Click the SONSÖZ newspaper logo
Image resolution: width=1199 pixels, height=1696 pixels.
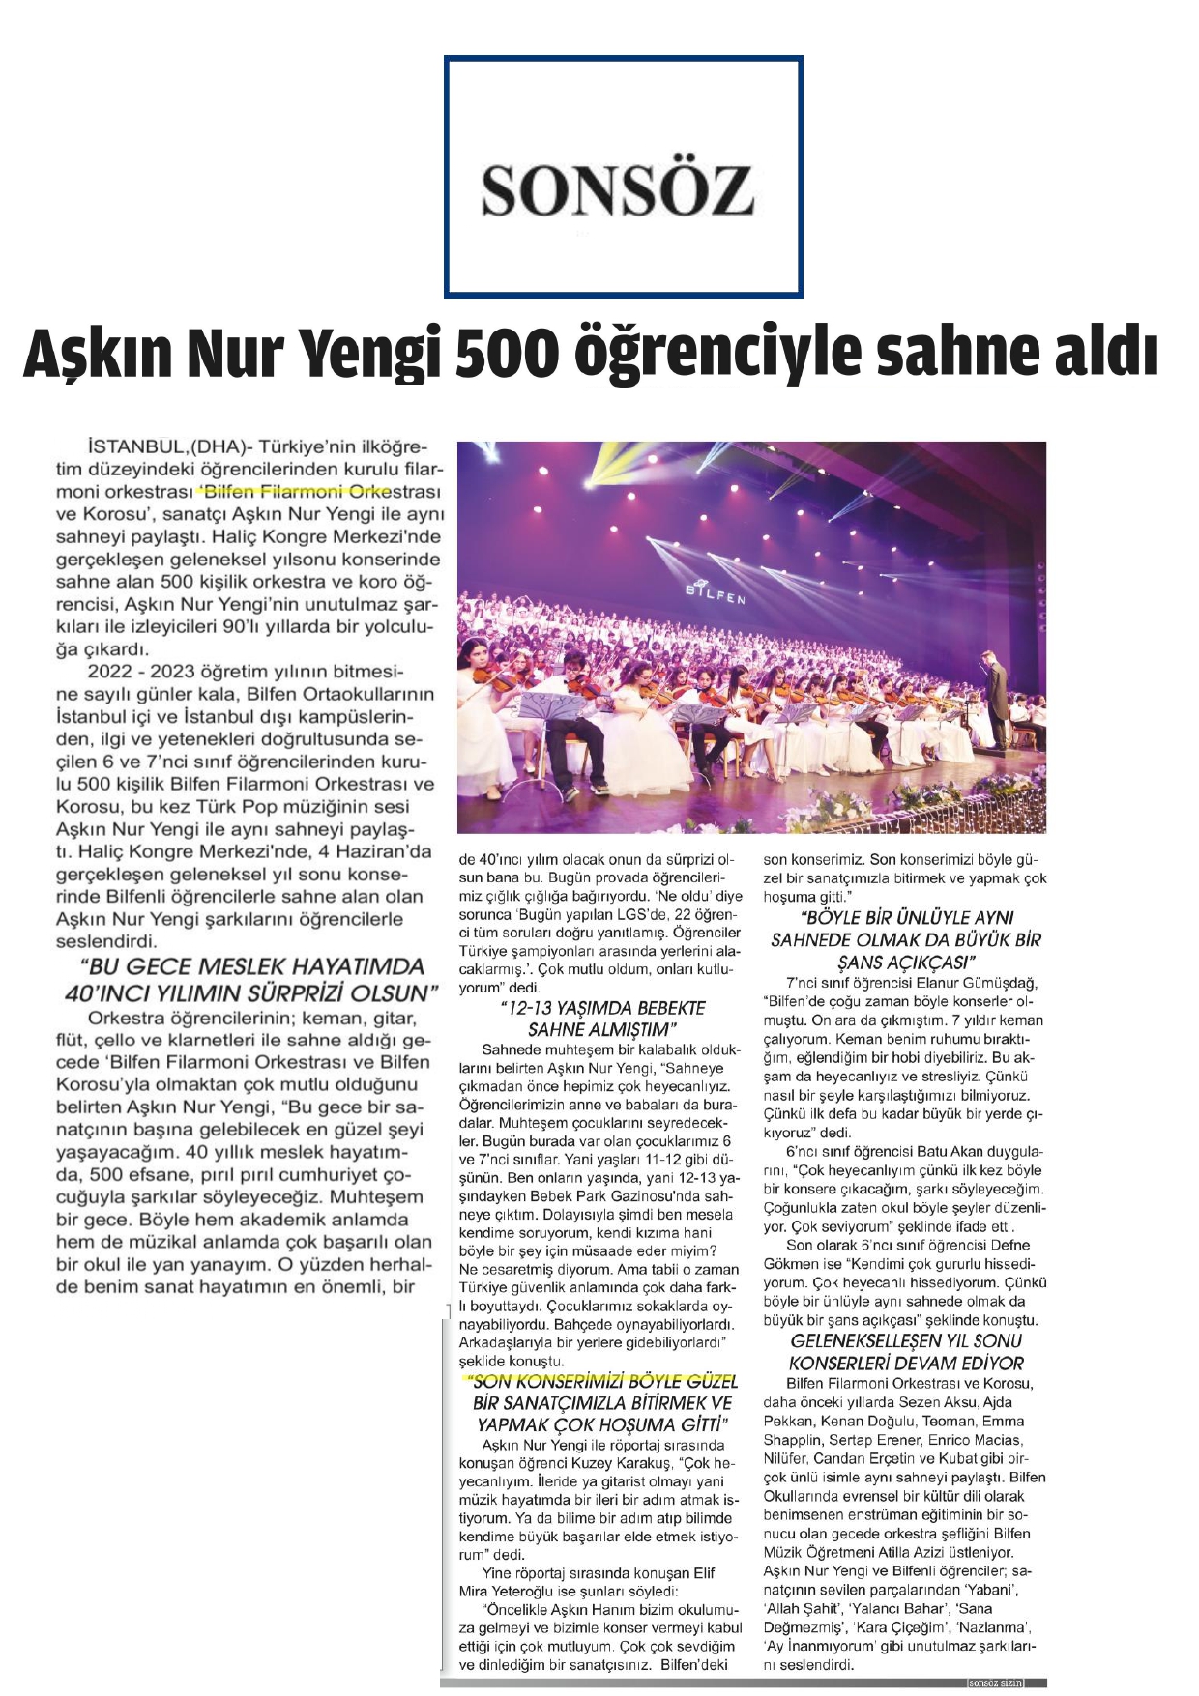coord(618,189)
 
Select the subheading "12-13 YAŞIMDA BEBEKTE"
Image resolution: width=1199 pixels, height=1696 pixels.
coord(601,1008)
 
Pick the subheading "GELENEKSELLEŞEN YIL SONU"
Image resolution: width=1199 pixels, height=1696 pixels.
coord(906,1340)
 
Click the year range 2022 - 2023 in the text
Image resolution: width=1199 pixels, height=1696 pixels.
coord(140,672)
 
